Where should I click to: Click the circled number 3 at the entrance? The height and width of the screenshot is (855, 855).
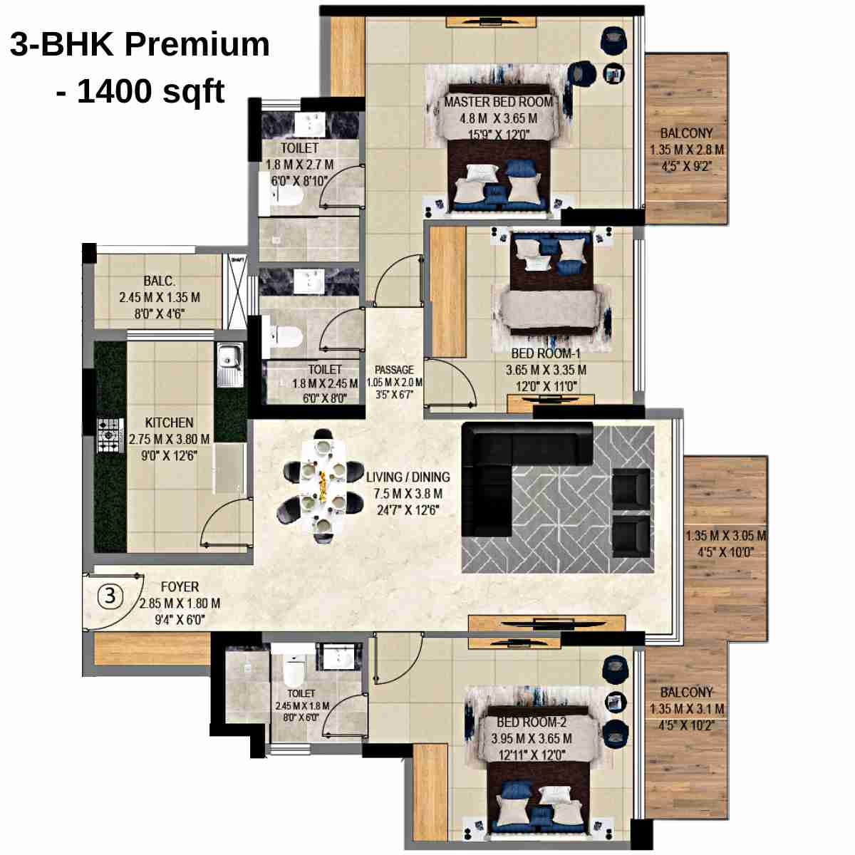pos(109,596)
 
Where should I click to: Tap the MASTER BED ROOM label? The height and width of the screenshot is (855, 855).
pos(498,102)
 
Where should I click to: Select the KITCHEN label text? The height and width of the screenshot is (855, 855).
pos(169,423)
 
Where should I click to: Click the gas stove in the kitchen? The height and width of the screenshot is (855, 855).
pos(110,435)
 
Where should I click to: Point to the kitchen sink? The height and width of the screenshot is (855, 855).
pos(229,360)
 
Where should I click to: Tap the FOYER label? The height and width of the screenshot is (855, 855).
pos(180,587)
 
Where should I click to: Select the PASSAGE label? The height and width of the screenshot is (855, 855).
pos(394,370)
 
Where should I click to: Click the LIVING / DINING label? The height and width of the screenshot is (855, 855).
pos(408,477)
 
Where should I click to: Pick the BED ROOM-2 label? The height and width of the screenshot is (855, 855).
pos(531,722)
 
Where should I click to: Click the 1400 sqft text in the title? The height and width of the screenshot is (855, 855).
pos(150,91)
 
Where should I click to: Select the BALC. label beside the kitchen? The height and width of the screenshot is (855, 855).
pos(159,281)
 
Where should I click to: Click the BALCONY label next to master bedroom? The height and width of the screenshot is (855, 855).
pos(686,133)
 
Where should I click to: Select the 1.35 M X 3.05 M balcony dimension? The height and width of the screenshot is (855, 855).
pos(725,536)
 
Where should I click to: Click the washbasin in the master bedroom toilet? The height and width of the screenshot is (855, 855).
pos(309,123)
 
